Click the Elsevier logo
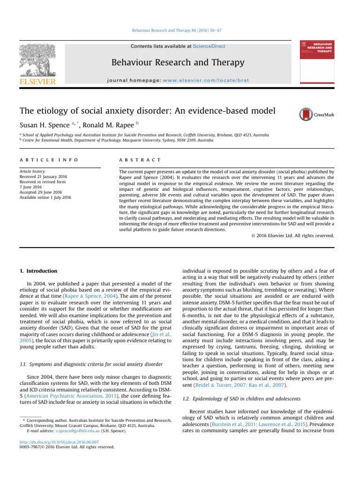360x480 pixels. coord(37,66)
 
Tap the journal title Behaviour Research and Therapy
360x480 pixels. coord(178,62)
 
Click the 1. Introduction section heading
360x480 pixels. coord(38,271)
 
